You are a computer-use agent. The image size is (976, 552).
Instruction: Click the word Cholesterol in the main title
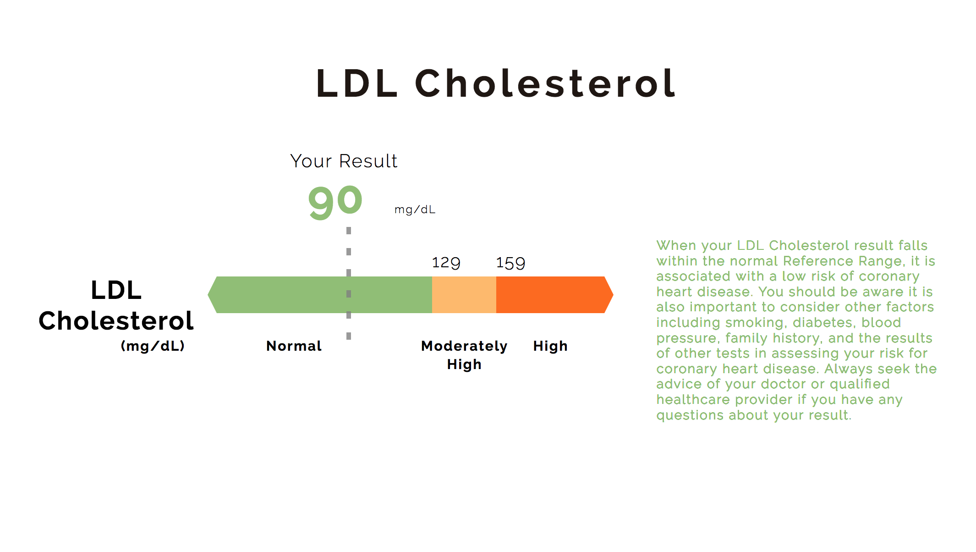point(545,83)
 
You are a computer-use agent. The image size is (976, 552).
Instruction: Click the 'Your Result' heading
point(344,161)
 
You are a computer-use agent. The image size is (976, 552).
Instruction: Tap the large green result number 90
point(335,201)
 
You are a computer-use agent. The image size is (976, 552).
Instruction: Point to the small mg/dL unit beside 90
point(415,210)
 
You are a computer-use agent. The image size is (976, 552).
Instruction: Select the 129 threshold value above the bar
point(446,263)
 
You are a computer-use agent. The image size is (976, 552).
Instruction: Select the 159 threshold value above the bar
point(510,263)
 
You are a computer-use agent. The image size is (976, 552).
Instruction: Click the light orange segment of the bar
point(464,295)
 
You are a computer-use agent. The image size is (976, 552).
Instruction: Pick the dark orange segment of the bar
point(550,295)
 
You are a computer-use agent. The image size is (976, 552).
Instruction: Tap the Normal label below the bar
point(294,346)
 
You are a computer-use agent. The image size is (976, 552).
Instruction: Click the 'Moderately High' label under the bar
point(464,354)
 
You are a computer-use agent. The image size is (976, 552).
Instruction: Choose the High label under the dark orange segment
point(550,346)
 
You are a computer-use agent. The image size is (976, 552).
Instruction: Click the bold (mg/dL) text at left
point(153,346)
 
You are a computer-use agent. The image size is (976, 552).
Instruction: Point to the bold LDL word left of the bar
point(116,290)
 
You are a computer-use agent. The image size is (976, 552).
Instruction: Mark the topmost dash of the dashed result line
point(349,231)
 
